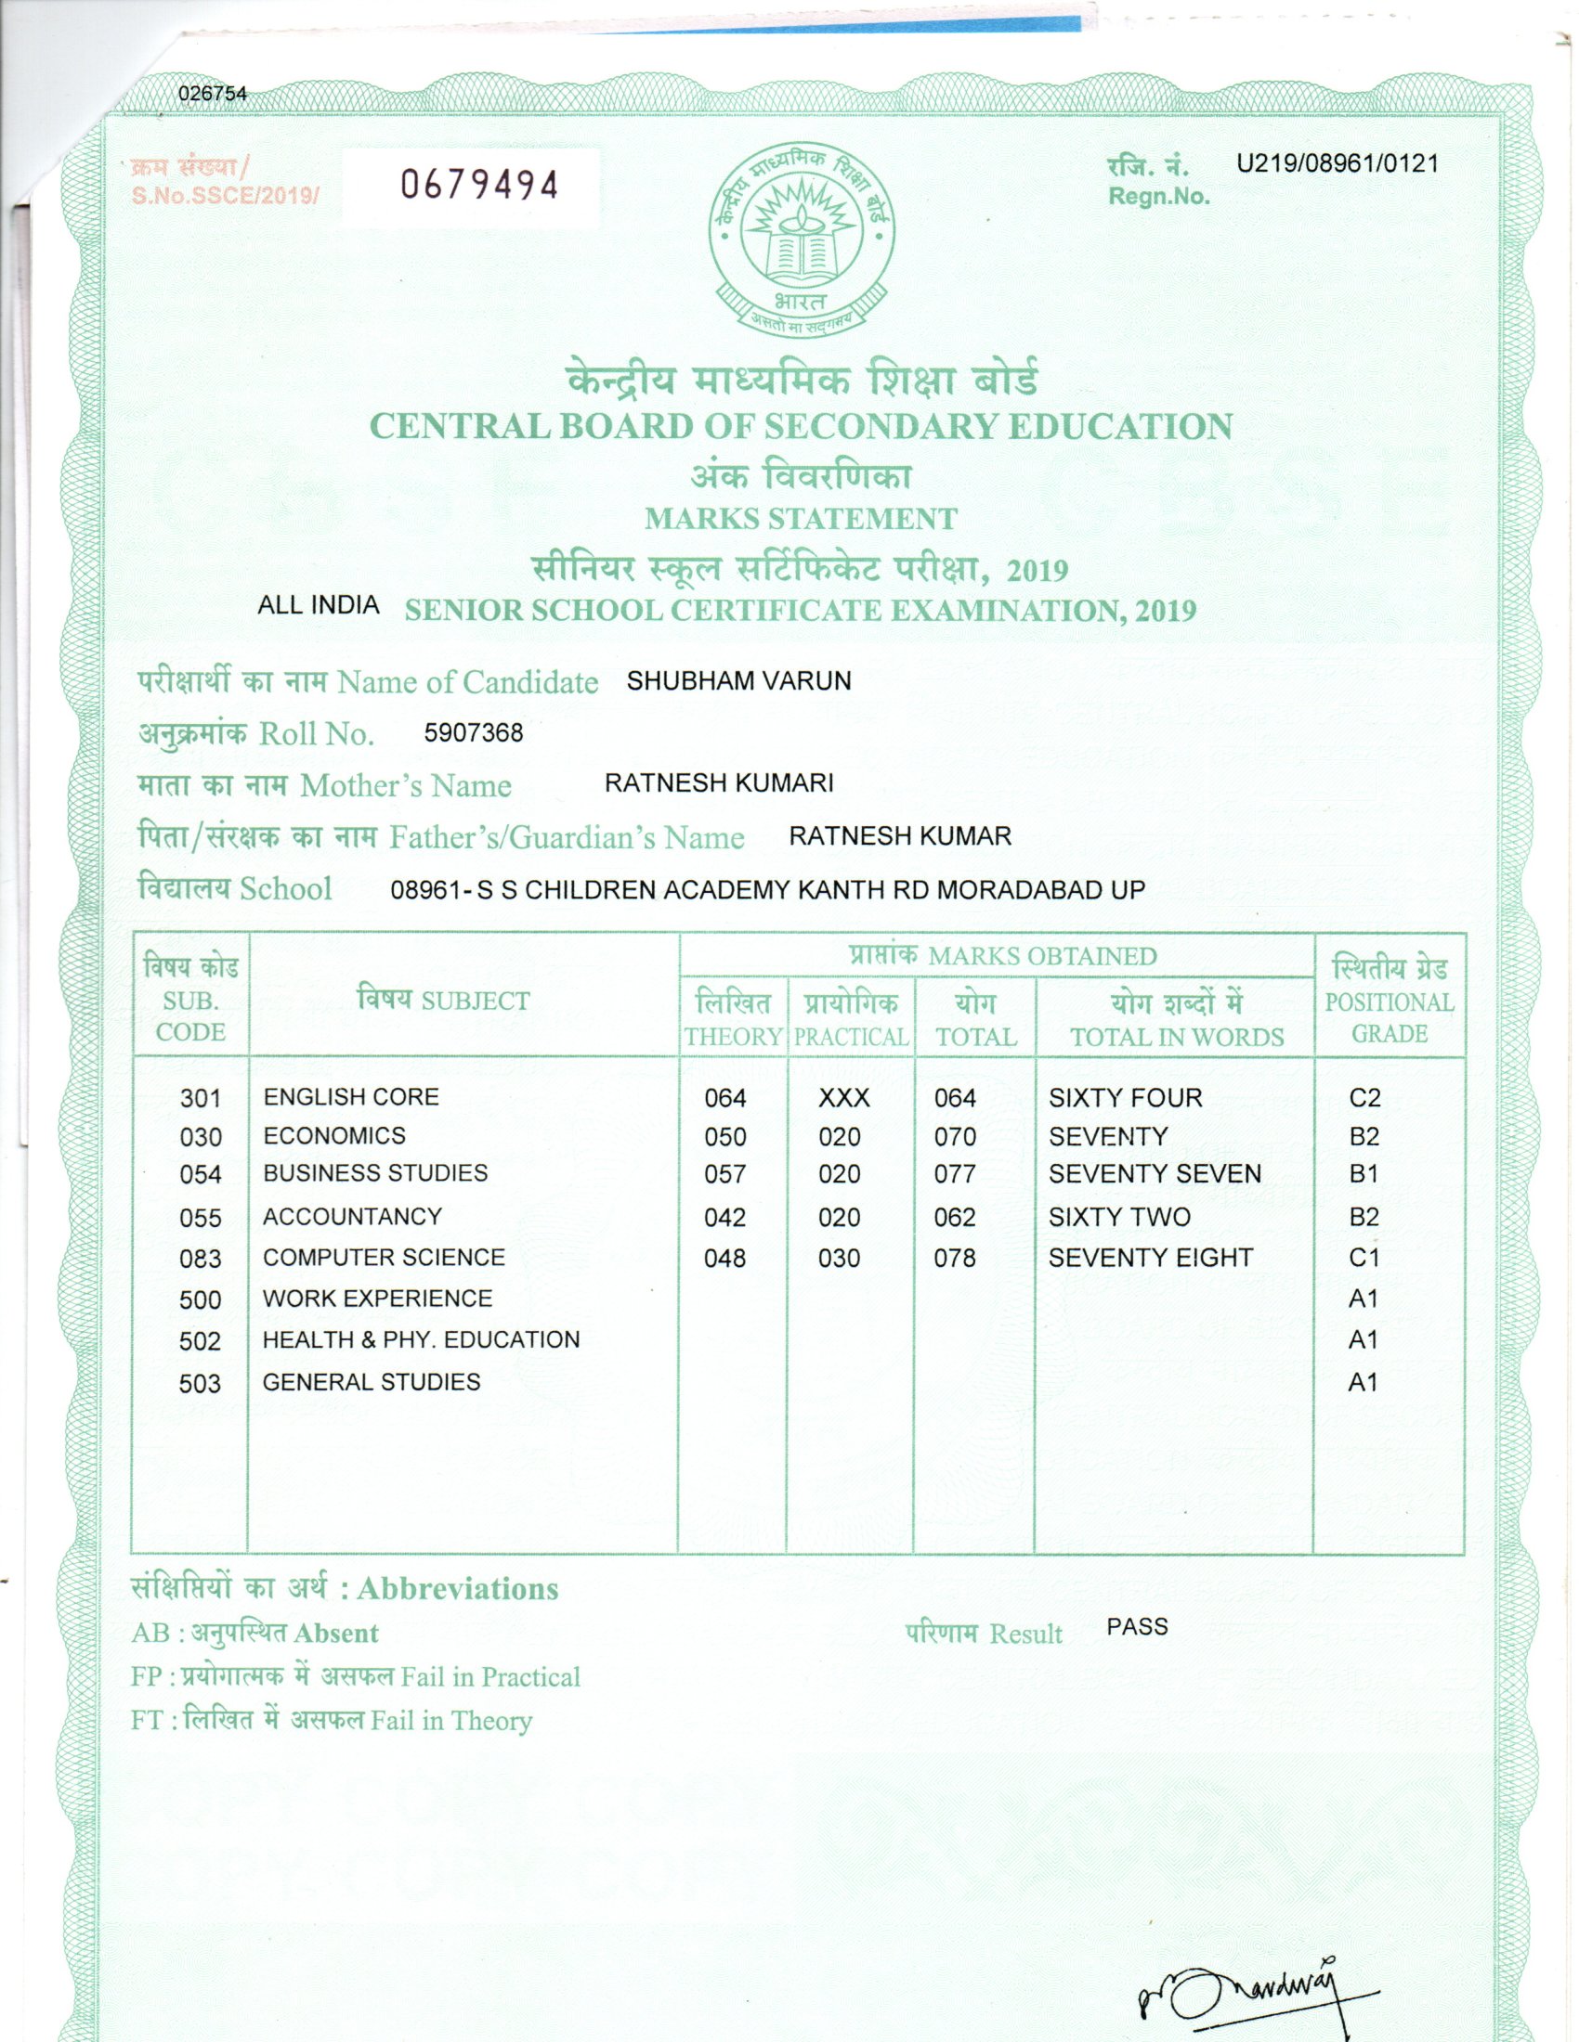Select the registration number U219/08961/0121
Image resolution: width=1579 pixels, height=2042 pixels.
tap(1338, 163)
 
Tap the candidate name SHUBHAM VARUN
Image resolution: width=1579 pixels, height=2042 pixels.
tap(739, 680)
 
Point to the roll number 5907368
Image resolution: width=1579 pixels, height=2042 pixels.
tap(474, 732)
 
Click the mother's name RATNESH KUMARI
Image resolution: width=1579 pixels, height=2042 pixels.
tap(718, 782)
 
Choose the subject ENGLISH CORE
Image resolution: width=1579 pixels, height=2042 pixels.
tap(351, 1096)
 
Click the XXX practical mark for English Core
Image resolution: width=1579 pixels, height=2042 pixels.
tap(843, 1098)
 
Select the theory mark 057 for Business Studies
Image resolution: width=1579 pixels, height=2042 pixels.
tap(725, 1173)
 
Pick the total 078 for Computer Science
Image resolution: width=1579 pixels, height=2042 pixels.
tap(954, 1259)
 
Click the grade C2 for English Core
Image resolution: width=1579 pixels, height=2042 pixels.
tap(1364, 1098)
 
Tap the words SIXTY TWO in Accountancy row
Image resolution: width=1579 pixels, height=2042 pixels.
tap(1120, 1218)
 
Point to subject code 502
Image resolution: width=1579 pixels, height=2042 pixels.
tap(201, 1342)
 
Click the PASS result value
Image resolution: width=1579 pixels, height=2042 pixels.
tap(1137, 1627)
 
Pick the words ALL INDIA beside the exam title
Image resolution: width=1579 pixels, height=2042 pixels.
tap(318, 605)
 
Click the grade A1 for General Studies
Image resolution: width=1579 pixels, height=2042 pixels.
tap(1363, 1382)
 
